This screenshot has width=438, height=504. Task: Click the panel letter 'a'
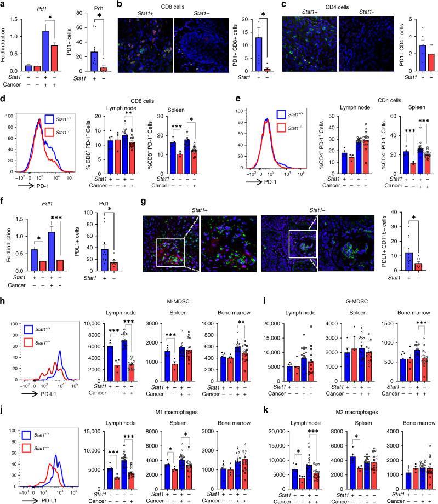3,4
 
